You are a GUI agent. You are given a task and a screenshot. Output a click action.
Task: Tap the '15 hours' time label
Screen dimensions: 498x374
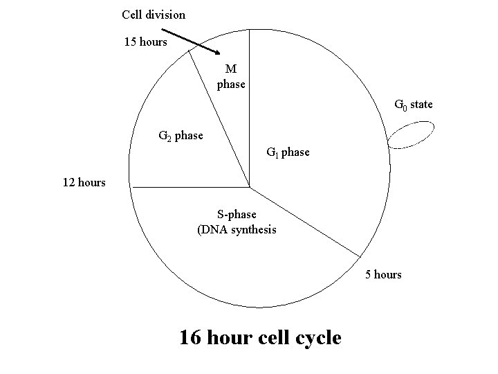tap(145, 42)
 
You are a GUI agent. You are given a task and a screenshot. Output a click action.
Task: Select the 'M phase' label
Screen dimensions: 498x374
tap(231, 76)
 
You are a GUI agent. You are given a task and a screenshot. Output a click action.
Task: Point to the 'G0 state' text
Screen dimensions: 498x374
tap(413, 105)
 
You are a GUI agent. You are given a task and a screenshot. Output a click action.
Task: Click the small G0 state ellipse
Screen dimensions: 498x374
tap(411, 135)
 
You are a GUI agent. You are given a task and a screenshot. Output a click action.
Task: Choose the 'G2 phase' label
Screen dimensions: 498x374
tap(181, 136)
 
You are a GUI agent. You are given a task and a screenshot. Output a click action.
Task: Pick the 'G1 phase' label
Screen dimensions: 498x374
tap(288, 152)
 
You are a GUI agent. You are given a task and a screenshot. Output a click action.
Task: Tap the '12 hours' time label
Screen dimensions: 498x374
tap(84, 183)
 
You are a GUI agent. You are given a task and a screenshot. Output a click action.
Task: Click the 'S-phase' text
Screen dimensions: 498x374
tap(237, 215)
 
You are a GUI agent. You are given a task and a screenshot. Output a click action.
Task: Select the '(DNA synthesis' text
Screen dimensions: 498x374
tap(237, 229)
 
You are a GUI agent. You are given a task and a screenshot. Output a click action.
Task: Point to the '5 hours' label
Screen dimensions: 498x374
tap(383, 274)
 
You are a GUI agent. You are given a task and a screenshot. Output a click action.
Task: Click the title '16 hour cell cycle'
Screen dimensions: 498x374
tap(260, 337)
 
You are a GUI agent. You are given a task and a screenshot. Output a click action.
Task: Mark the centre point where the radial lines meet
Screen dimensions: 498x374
tap(250, 187)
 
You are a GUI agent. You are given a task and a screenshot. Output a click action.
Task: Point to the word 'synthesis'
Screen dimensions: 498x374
tap(252, 229)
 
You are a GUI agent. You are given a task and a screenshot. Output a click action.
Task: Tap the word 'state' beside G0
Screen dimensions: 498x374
tap(422, 105)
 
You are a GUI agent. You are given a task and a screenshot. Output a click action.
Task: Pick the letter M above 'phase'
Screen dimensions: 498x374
tap(231, 69)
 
